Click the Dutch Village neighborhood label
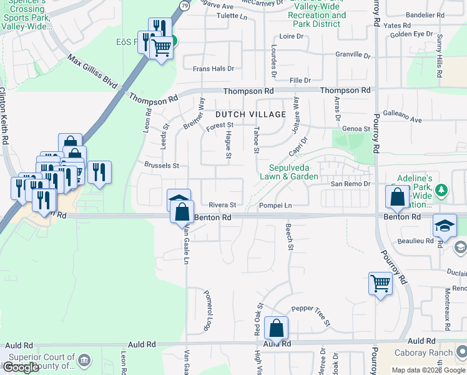click(251, 114)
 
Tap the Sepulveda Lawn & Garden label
click(293, 172)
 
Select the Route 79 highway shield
click(184, 5)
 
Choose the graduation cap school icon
click(444, 226)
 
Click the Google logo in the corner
click(21, 367)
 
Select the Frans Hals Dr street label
click(214, 69)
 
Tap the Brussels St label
click(162, 166)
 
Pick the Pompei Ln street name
click(275, 205)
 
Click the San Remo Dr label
click(351, 184)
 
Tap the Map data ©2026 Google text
click(428, 370)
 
